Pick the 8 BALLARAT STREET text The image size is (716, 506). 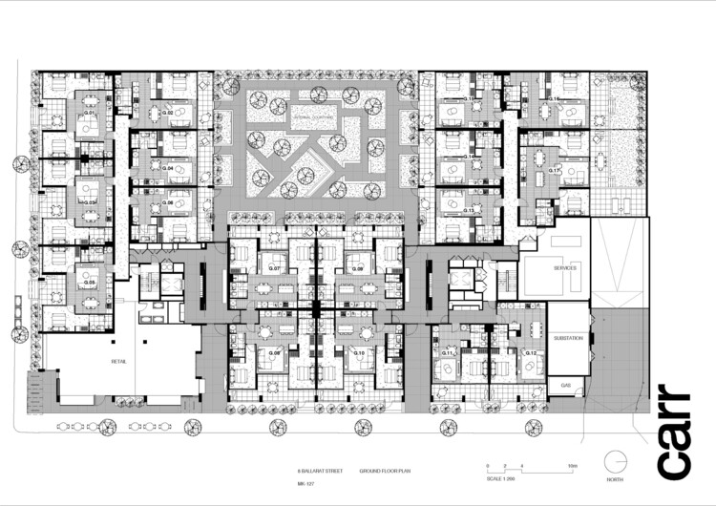(x=317, y=472)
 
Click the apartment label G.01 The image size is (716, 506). (x=89, y=114)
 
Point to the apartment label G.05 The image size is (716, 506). (x=89, y=283)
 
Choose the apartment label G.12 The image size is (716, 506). (x=529, y=353)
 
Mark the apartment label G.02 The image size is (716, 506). (x=168, y=114)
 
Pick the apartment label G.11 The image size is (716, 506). (x=446, y=353)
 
